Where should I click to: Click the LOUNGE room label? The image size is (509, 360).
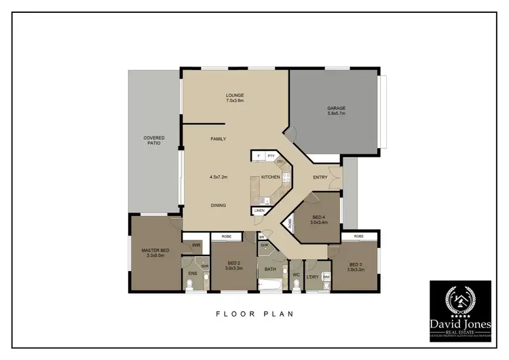pos(235,95)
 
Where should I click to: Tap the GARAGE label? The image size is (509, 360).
pos(337,108)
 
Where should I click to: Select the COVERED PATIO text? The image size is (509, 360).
pos(154,141)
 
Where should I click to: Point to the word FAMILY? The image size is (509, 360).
pos(218,139)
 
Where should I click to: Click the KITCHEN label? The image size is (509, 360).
pos(271,177)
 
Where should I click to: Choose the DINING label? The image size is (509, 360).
pos(218,205)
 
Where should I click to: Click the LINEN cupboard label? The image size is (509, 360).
pos(259,211)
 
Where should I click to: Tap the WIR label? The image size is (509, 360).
pos(195,245)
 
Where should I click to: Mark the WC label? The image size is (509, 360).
pos(296,274)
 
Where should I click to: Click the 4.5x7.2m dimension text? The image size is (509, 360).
pos(218,177)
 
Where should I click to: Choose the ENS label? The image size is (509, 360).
pos(193,274)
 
